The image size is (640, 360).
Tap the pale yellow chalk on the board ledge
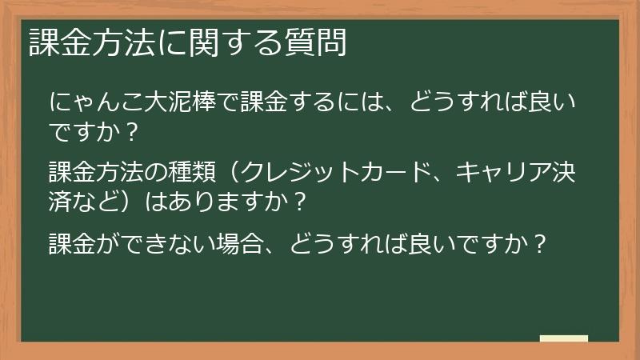point(563,338)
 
